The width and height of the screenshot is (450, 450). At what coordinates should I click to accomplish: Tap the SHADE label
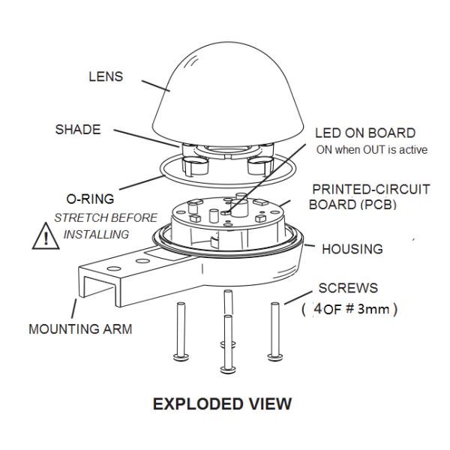pyautogui.click(x=77, y=129)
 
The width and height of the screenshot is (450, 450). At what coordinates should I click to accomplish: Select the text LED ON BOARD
pyautogui.click(x=365, y=133)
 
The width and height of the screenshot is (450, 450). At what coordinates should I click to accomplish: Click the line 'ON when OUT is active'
pyautogui.click(x=371, y=149)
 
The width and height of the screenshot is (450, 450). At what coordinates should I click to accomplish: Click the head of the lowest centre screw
pyautogui.click(x=227, y=369)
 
